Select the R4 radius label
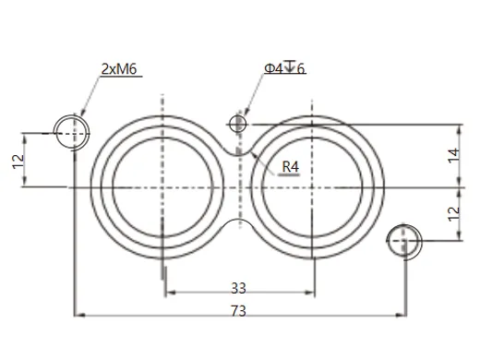pos(292,166)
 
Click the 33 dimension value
pos(238,287)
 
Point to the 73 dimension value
pos(238,311)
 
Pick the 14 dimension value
pos(451,155)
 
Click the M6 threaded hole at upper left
pos(71,134)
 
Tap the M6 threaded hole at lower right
pos(403,241)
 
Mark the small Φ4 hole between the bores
pos(238,123)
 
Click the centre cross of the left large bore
pos(162,187)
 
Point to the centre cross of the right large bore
pos(314,187)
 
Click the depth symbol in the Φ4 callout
pos(290,66)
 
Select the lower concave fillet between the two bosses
pos(238,222)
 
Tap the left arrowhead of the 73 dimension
pos(78,317)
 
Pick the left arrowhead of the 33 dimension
pos(167,294)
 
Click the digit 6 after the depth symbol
pos(300,69)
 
